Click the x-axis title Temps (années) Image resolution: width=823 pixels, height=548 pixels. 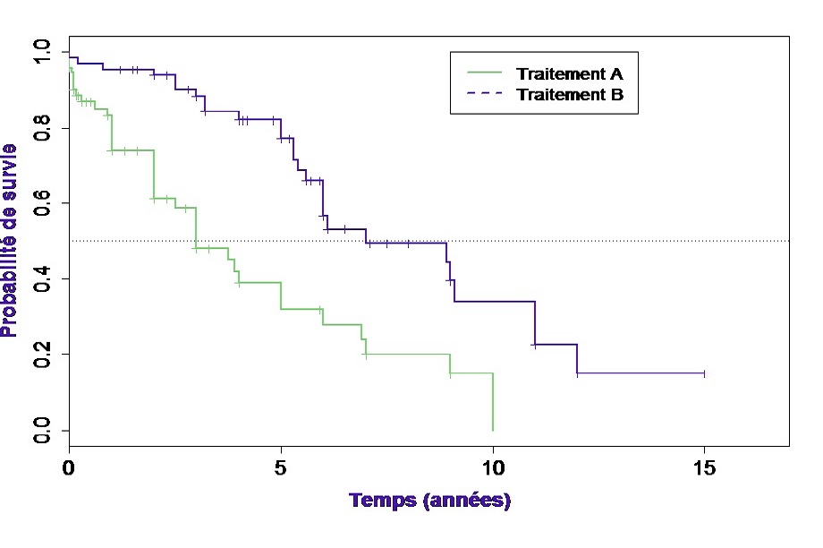(x=429, y=501)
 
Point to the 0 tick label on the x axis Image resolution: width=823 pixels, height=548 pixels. (x=69, y=467)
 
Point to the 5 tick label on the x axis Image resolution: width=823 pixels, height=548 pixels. (x=281, y=467)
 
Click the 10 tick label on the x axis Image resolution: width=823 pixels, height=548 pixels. (x=493, y=467)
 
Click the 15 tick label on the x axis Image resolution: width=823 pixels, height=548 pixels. (x=705, y=467)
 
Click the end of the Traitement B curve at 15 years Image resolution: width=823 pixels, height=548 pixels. (x=704, y=373)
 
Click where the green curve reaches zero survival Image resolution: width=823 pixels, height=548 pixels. (x=493, y=430)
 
